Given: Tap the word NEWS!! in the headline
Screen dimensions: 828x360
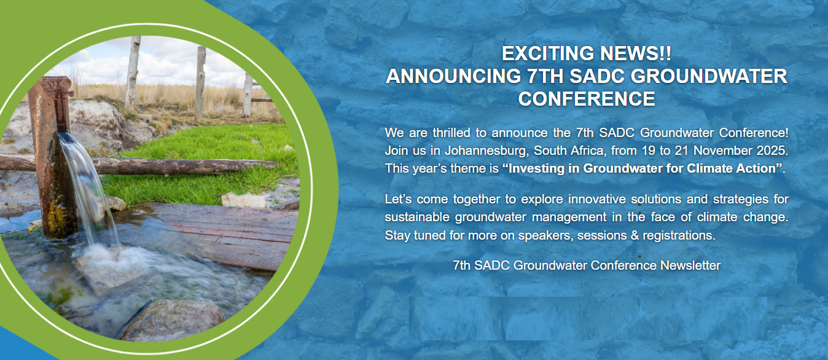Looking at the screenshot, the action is pos(636,53).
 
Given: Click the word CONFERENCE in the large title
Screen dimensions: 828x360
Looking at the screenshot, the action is pos(587,99).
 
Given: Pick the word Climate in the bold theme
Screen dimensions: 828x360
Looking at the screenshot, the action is pos(708,168).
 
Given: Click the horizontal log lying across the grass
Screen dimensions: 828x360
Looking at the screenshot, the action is pos(148,166).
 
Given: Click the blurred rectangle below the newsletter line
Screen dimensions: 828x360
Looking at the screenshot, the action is pos(588,318).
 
